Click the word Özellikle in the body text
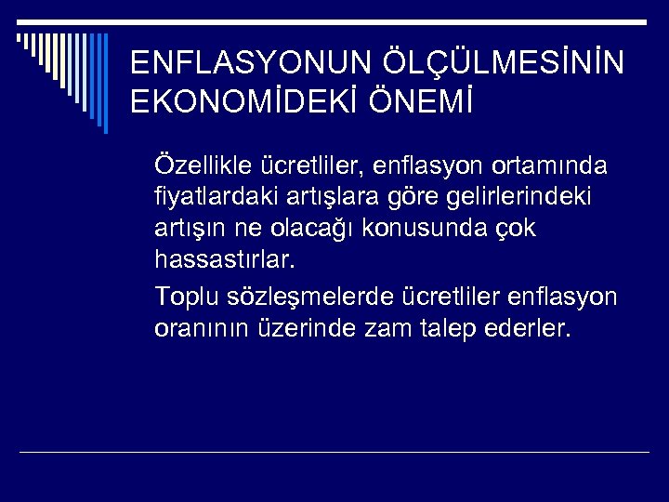199,165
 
